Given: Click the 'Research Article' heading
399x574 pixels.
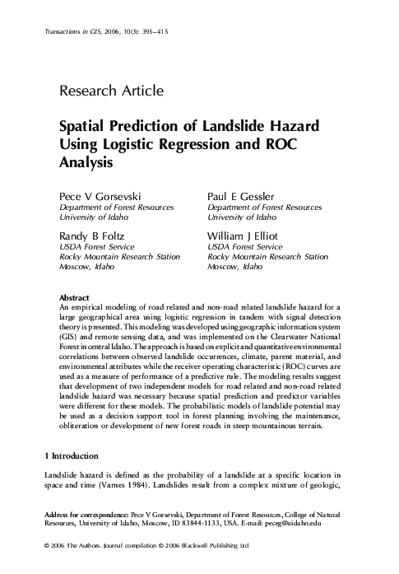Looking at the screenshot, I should (x=111, y=91).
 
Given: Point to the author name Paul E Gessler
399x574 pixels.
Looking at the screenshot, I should (x=242, y=198).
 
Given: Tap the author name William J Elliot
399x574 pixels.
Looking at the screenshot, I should (x=246, y=236).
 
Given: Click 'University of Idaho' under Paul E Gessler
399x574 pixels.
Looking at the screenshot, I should (x=242, y=217).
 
